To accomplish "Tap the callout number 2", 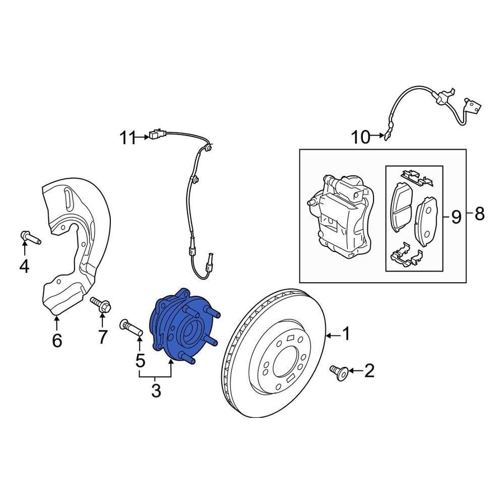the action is click(x=369, y=371).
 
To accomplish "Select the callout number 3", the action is click(x=156, y=390).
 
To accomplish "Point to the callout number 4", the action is click(x=25, y=266).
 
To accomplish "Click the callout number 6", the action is click(x=57, y=340).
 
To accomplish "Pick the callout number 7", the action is click(x=102, y=337).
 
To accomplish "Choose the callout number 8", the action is click(x=479, y=213).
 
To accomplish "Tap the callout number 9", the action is click(x=456, y=217).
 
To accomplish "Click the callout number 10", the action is click(x=361, y=137).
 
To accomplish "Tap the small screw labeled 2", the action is click(x=338, y=372).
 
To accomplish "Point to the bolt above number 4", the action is click(x=31, y=237).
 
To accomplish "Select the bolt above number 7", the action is click(x=101, y=304).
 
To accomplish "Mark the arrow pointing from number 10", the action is click(x=376, y=136).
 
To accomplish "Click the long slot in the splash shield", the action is click(x=68, y=199).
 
